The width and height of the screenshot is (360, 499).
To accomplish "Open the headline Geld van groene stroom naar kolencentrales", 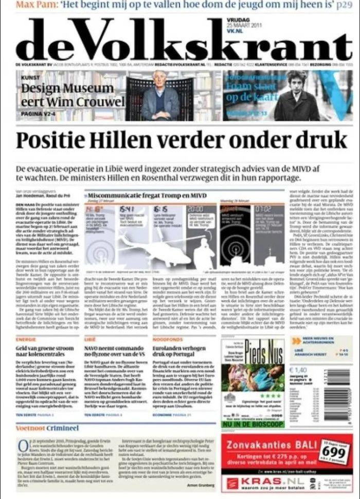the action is coord(45,352).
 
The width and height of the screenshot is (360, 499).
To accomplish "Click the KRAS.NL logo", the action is coord(262,482).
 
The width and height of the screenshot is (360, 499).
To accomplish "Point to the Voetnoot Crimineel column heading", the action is coord(47,428).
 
